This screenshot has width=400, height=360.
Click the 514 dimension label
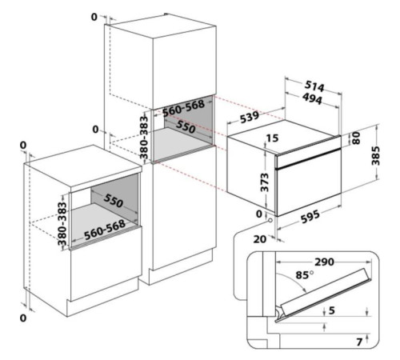(314, 86)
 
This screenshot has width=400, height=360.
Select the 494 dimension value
(313, 98)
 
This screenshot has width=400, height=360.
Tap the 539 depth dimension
(250, 118)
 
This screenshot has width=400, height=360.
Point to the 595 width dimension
(310, 217)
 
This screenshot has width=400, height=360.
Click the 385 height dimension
(375, 155)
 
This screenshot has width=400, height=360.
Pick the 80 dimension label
(356, 138)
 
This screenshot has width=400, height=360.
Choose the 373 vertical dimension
(265, 182)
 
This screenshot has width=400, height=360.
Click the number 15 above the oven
(272, 138)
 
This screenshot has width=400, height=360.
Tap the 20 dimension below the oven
(259, 239)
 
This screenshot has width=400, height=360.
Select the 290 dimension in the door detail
(324, 262)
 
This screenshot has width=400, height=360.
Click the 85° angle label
(305, 274)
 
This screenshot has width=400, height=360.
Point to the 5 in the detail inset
(332, 310)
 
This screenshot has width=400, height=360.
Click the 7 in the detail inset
(359, 342)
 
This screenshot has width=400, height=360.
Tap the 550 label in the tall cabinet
(186, 127)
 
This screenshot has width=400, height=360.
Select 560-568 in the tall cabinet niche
(183, 108)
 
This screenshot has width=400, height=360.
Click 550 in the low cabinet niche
(114, 201)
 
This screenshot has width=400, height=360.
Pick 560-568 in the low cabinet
(105, 230)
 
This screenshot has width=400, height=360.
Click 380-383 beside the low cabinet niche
(62, 224)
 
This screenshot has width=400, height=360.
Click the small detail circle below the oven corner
(270, 221)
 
